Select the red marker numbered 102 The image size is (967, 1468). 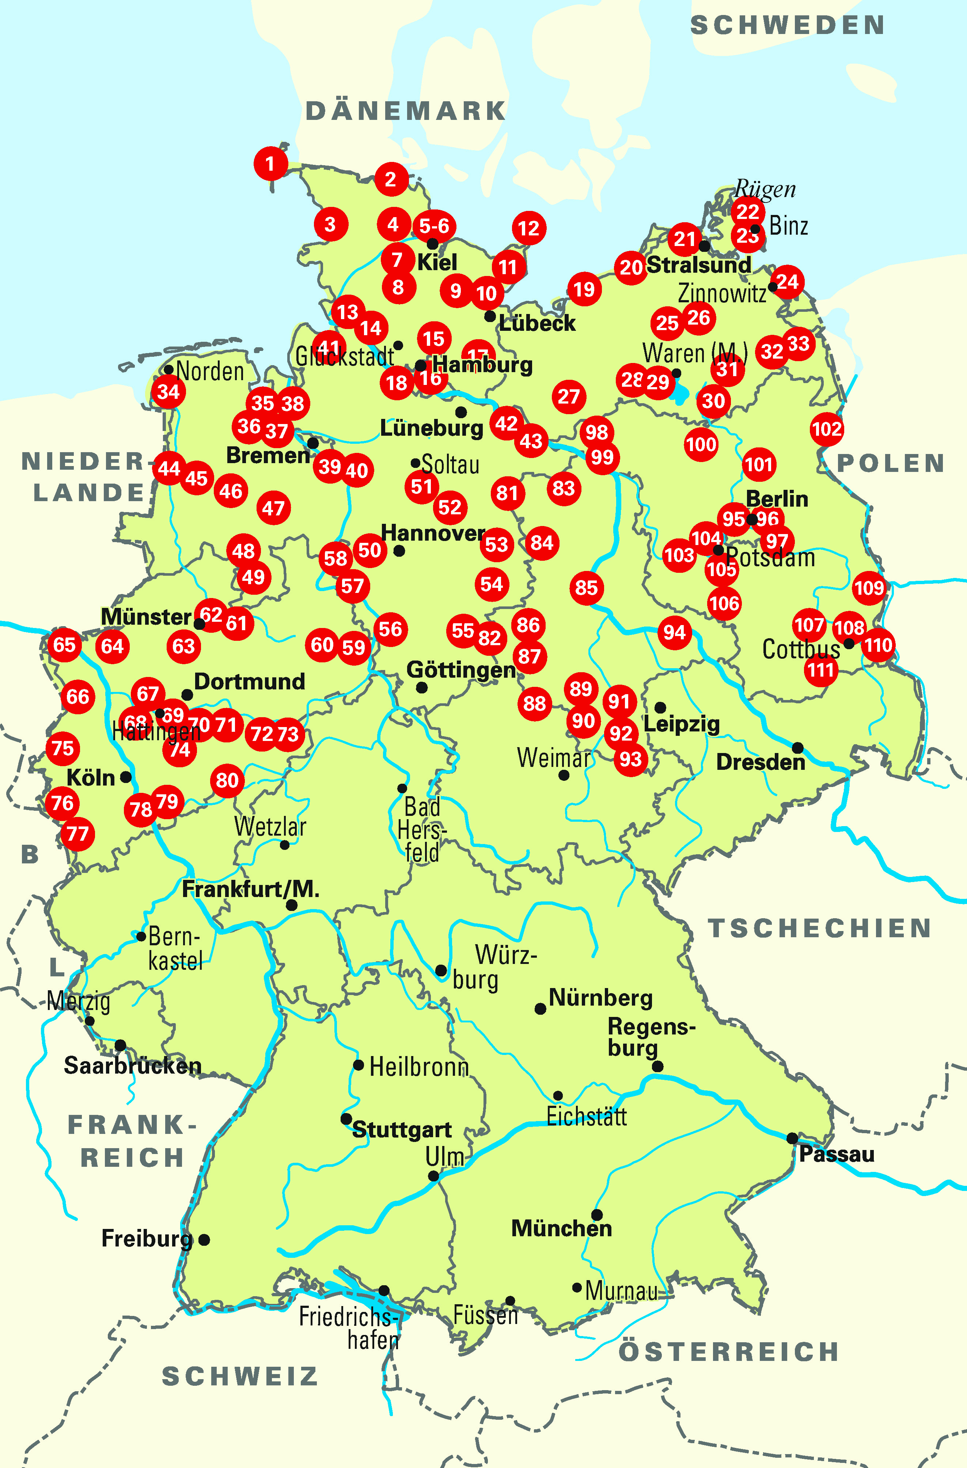pos(826,429)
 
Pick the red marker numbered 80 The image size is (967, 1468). pos(227,780)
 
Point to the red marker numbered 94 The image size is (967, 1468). pos(674,632)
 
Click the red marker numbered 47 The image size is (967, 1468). pos(273,508)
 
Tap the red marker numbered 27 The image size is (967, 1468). pos(569,397)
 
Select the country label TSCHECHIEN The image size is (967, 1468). pos(819,928)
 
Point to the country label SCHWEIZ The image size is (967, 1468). pos(240,1376)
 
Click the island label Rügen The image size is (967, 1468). pos(765,189)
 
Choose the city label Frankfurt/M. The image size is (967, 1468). pos(250,889)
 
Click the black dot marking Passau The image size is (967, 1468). pos(792,1138)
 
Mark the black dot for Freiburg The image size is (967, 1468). pos(204,1240)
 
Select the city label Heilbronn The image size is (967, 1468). pos(419,1067)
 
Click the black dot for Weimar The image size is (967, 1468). pos(564,775)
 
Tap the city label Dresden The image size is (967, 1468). pos(761,763)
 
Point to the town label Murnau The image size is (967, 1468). pos(621,1291)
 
